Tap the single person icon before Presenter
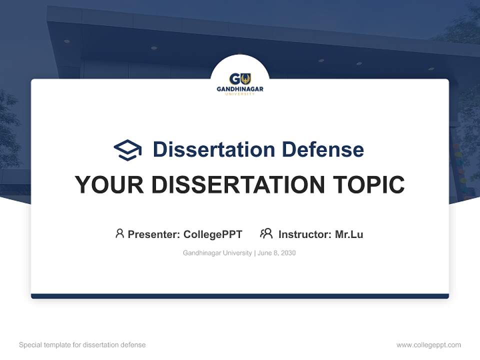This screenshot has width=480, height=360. [119, 233]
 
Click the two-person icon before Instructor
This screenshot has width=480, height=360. [266, 233]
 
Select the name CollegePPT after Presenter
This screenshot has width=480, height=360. [213, 234]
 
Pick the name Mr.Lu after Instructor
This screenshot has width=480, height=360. [349, 234]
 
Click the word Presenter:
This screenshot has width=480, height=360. [154, 234]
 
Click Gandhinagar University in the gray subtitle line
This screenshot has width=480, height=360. [217, 253]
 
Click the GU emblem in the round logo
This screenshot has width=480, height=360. [240, 79]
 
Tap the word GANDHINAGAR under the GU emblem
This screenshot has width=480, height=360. [240, 89]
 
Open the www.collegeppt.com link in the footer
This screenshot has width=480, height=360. [428, 345]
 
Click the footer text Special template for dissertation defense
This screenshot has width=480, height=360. [82, 345]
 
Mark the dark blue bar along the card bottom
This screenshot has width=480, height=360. [240, 296]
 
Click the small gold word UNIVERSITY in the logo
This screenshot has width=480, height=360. [240, 94]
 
